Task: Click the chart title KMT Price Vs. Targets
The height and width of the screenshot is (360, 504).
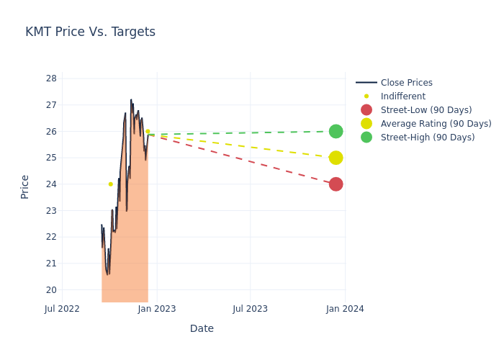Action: click(x=90, y=32)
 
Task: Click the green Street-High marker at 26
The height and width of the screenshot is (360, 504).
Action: click(x=336, y=131)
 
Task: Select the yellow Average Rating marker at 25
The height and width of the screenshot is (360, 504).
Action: click(x=336, y=158)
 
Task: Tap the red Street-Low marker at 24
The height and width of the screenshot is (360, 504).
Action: click(x=336, y=184)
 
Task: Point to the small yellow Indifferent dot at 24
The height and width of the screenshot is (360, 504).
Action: click(x=110, y=184)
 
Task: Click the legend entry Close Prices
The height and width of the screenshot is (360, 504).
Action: click(x=406, y=83)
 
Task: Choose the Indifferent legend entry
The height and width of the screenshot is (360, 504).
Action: click(x=402, y=96)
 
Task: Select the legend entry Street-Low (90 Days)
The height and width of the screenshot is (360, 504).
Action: click(x=426, y=110)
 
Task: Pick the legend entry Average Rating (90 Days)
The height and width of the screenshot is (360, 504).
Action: click(x=436, y=124)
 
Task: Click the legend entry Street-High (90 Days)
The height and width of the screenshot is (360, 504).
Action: click(x=428, y=138)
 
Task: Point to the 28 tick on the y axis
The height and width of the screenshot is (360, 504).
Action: click(x=51, y=78)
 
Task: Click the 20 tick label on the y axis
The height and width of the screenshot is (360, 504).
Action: click(x=51, y=290)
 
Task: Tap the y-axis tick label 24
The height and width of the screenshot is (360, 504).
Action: click(x=51, y=184)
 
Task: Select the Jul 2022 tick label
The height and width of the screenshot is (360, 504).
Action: click(x=62, y=309)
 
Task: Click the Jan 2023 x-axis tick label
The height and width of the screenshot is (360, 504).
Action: click(x=157, y=309)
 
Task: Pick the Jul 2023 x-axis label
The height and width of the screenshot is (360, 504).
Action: click(x=251, y=309)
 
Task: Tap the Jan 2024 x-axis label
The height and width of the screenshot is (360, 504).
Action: click(x=345, y=309)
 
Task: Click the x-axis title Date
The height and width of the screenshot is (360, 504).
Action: click(x=202, y=329)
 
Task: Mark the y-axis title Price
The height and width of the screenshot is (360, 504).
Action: click(x=25, y=186)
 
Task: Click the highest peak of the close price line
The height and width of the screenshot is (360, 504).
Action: click(x=131, y=100)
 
